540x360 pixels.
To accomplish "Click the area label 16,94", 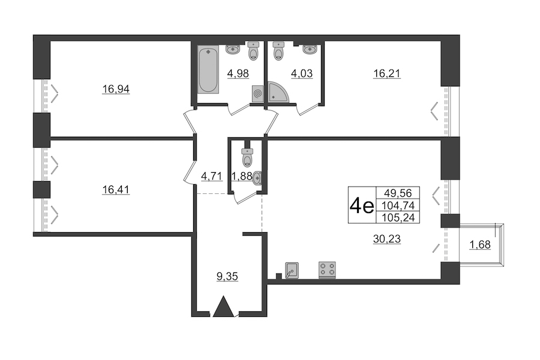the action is click(116, 89).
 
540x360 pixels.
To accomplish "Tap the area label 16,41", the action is click(116, 190).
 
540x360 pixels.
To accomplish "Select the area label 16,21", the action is click(387, 73).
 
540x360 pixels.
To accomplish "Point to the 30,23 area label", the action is click(387, 238).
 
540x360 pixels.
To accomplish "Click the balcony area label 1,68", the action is click(480, 245).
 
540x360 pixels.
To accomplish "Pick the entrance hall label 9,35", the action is click(227, 276).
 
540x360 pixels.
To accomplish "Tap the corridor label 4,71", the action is click(212, 176).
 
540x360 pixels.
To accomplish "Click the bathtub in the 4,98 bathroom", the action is click(209, 70).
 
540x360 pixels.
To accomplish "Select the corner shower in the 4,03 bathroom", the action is click(278, 92).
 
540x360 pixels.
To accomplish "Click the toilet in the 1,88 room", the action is click(247, 157).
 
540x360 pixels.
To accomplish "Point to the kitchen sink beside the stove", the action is click(292, 270).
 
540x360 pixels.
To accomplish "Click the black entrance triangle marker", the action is click(223, 306).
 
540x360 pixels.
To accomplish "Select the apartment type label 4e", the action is click(362, 206).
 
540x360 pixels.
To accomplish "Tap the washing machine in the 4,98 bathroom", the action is click(257, 94).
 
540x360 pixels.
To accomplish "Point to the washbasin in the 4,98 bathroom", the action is click(233, 49).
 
